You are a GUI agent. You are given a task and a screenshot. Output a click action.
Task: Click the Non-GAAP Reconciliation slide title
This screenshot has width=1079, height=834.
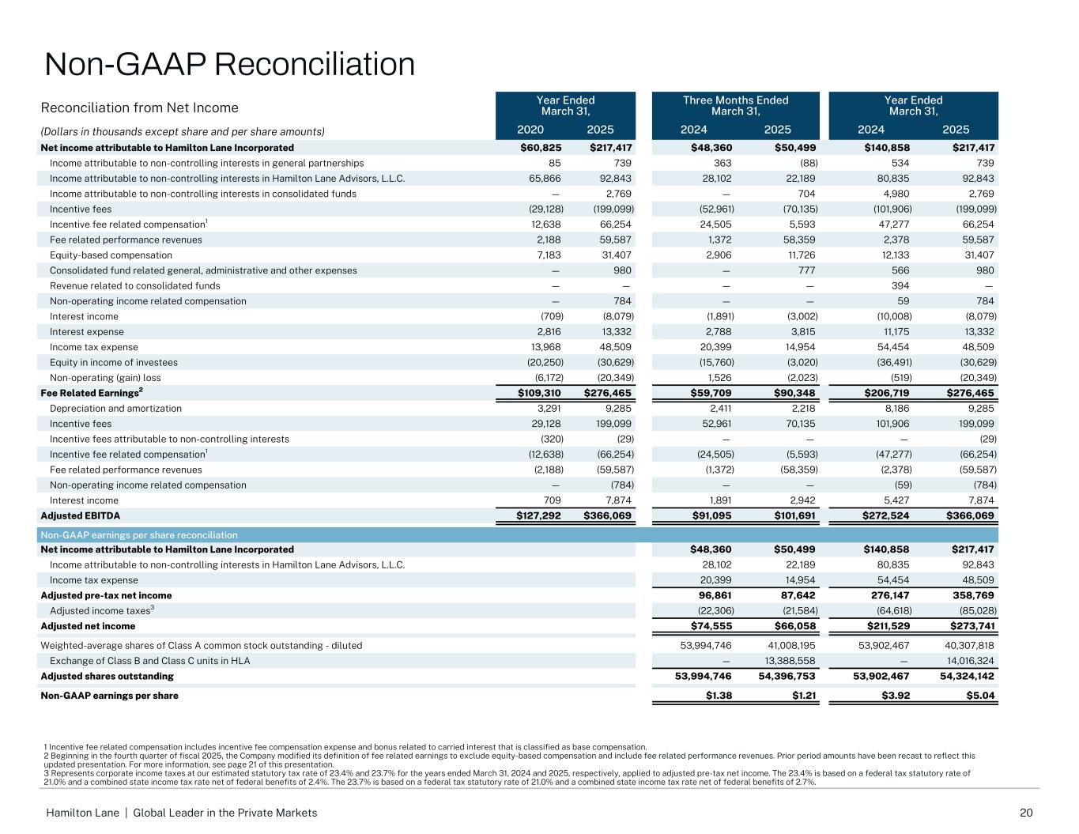229,64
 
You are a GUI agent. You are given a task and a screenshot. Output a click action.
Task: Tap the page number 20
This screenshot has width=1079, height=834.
1027,813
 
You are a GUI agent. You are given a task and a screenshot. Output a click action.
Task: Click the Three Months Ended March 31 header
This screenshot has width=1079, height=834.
735,105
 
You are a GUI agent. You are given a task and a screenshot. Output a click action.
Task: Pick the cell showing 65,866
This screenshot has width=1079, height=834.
545,179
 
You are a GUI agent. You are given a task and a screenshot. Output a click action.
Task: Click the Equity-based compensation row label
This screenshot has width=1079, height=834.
111,255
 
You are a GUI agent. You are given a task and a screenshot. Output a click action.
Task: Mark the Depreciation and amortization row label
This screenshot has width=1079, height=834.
115,409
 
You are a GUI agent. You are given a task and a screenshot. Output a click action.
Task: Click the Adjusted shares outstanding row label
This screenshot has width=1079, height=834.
107,677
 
